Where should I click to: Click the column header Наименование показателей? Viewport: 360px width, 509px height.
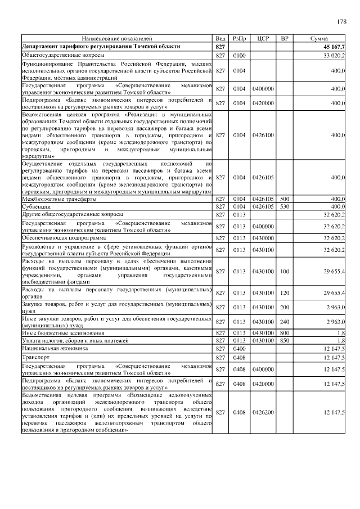(116, 39)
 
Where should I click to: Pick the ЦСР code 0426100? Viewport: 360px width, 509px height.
(263, 135)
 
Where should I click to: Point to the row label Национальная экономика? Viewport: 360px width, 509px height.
(55, 349)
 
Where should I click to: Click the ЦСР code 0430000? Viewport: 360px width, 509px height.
(263, 238)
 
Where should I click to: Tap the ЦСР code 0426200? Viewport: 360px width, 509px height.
(263, 413)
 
